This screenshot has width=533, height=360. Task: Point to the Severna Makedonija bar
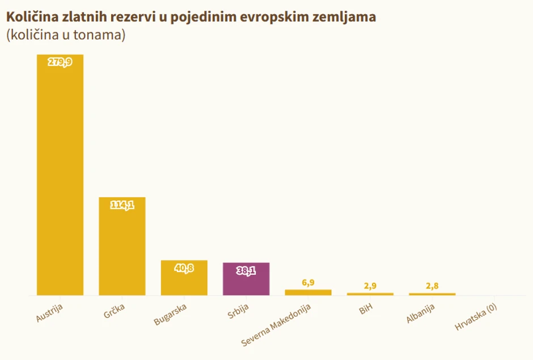click(x=308, y=293)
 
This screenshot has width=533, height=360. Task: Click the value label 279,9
click(x=60, y=62)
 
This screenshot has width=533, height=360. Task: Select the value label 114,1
click(x=122, y=205)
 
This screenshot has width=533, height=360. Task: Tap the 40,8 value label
click(x=184, y=268)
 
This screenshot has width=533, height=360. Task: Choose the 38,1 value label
click(x=246, y=271)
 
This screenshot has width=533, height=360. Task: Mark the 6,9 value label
click(x=308, y=282)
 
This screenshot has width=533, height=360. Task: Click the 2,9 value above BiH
click(x=370, y=286)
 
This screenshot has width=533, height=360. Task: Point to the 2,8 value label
click(x=432, y=286)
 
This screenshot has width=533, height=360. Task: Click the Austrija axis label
click(x=49, y=314)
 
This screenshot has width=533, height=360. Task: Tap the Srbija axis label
click(x=238, y=312)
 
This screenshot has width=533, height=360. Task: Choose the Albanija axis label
click(x=420, y=315)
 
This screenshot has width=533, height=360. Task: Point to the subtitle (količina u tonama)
click(x=66, y=35)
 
